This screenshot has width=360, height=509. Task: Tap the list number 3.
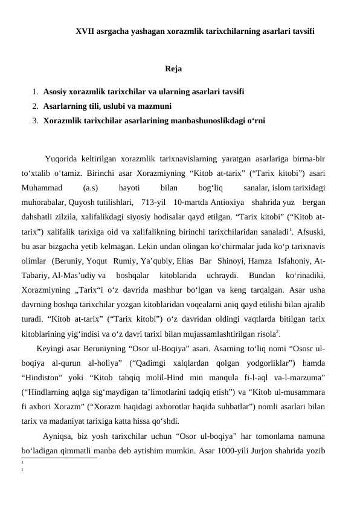tap(36, 120)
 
